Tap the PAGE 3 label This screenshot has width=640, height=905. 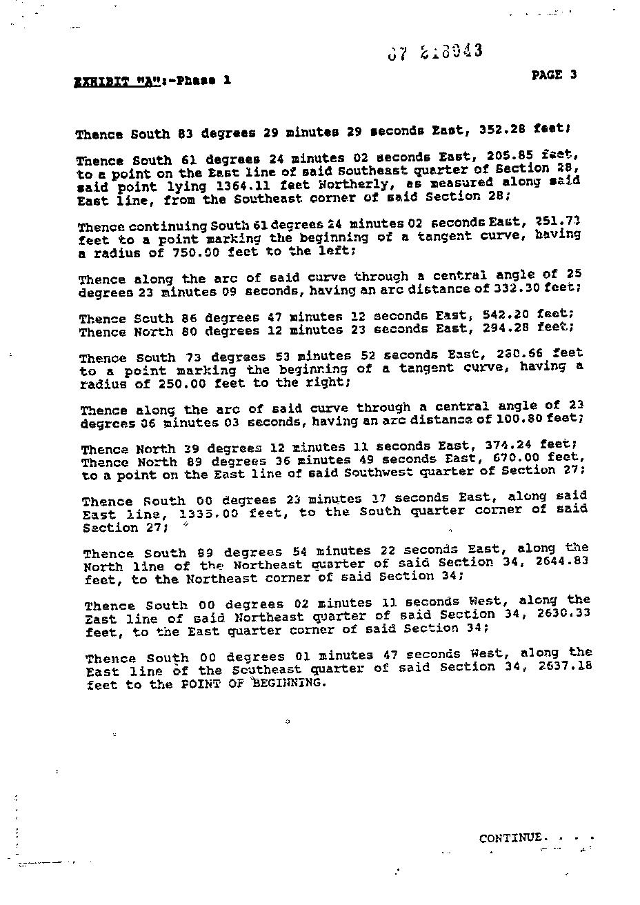pos(554,75)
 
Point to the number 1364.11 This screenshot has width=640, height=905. pos(242,186)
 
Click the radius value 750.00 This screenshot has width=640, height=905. pos(196,252)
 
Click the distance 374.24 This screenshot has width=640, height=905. pos(514,444)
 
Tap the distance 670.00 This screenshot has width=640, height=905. pos(514,457)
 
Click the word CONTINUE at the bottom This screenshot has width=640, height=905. pos(510,838)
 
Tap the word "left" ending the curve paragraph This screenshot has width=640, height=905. pos(335,251)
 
